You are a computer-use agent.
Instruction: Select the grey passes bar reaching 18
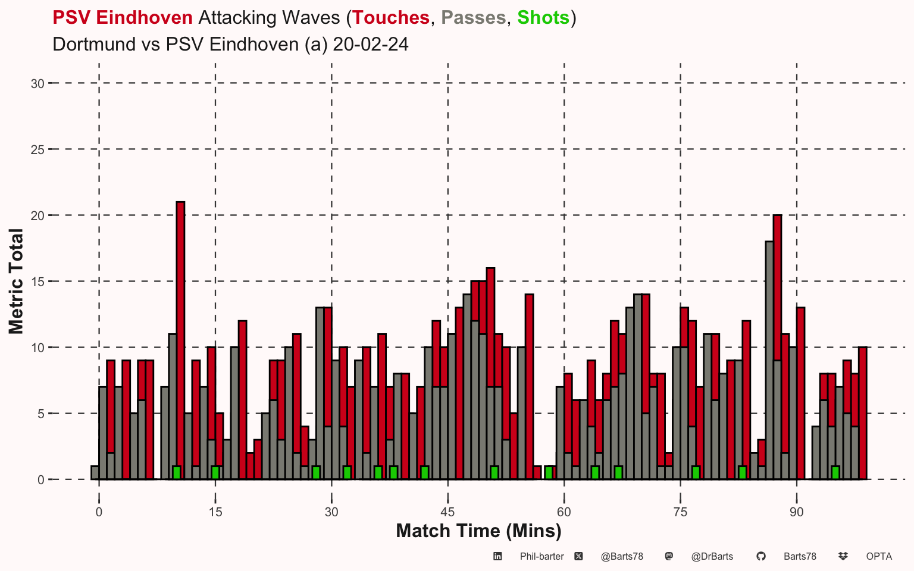coord(769,360)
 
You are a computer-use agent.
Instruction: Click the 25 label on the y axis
coord(37,150)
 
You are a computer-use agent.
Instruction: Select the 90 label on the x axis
coord(797,512)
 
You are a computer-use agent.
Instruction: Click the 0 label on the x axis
coord(99,512)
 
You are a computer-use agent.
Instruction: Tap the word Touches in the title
coord(391,17)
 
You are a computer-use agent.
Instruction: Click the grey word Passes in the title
coord(473,17)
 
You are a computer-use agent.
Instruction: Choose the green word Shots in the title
coord(543,17)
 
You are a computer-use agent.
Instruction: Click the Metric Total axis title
coord(16,281)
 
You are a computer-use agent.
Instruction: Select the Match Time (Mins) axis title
coord(478,531)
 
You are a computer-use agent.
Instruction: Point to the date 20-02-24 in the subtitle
coord(371,44)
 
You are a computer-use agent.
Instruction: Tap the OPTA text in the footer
coord(879,556)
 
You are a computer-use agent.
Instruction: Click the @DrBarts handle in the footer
coord(712,556)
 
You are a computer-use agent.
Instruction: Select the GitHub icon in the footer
coord(761,556)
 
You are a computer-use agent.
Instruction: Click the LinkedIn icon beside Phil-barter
coord(497,556)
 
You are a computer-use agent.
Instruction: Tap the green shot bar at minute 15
coord(215,473)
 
